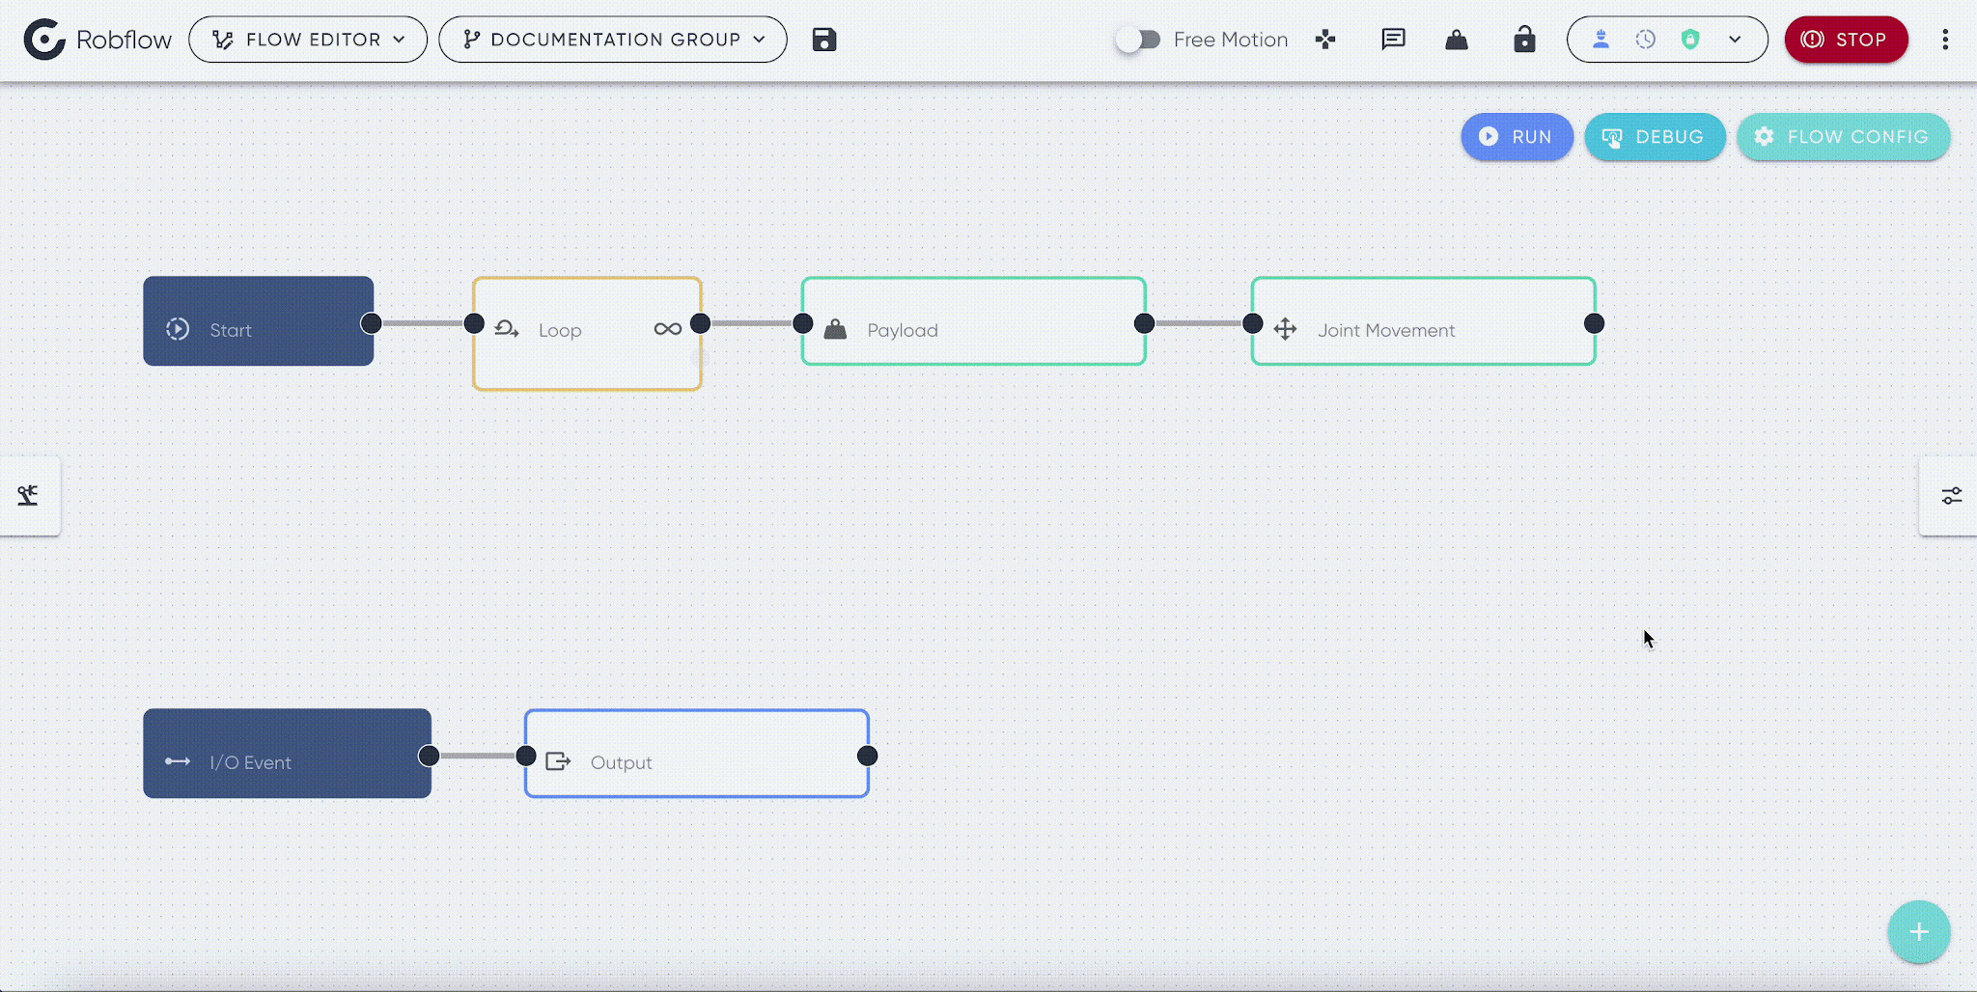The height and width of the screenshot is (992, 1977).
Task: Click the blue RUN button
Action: (1517, 137)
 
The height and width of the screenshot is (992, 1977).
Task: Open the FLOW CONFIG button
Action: (1843, 137)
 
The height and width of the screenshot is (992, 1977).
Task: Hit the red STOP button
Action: (1846, 40)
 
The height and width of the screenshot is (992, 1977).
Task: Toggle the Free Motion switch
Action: (1138, 40)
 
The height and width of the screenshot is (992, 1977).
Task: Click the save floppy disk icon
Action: (823, 40)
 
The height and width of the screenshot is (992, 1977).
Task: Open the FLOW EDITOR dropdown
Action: (308, 40)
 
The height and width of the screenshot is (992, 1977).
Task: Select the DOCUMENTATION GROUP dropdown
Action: (613, 40)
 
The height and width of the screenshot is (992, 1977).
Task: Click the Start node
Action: (259, 321)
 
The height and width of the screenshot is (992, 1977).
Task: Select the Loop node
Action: (587, 334)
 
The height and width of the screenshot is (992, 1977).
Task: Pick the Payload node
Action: (974, 321)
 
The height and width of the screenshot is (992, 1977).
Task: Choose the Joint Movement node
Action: (1424, 321)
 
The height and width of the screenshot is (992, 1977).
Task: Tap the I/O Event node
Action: (288, 754)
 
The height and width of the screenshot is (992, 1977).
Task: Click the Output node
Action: (697, 754)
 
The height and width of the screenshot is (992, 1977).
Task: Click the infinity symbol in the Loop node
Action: (667, 329)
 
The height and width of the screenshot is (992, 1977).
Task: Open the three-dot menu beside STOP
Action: (1945, 40)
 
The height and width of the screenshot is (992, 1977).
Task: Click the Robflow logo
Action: (97, 40)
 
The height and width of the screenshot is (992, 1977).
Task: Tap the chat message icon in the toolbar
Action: (1393, 40)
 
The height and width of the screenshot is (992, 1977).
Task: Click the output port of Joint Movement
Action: (1594, 323)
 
